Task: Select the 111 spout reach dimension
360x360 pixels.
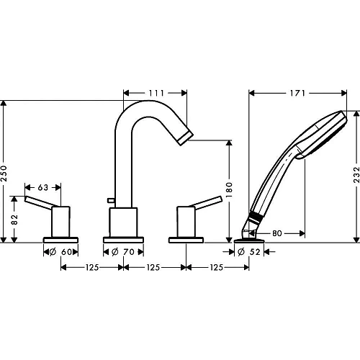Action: tap(156, 94)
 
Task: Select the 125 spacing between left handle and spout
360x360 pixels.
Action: tap(91, 268)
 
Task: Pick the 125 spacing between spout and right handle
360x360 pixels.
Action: tap(153, 268)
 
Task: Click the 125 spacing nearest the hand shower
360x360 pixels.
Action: tap(215, 268)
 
